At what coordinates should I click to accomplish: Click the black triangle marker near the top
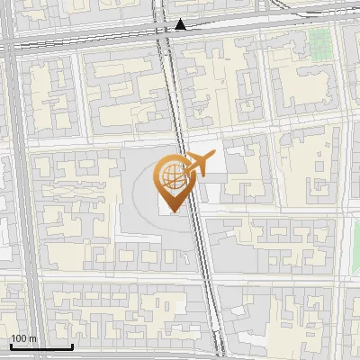click(x=182, y=24)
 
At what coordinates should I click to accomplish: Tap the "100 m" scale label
click(x=23, y=337)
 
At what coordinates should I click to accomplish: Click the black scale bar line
click(x=40, y=346)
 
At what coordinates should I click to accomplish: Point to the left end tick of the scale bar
click(x=10, y=345)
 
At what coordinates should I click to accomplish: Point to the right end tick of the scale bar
click(x=72, y=345)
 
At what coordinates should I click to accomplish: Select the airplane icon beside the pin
click(x=200, y=164)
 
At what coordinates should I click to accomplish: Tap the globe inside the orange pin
click(x=172, y=176)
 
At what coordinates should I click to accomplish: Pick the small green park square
click(x=319, y=41)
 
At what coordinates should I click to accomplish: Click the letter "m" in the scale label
click(x=32, y=337)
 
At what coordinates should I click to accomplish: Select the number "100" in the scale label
click(x=19, y=337)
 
